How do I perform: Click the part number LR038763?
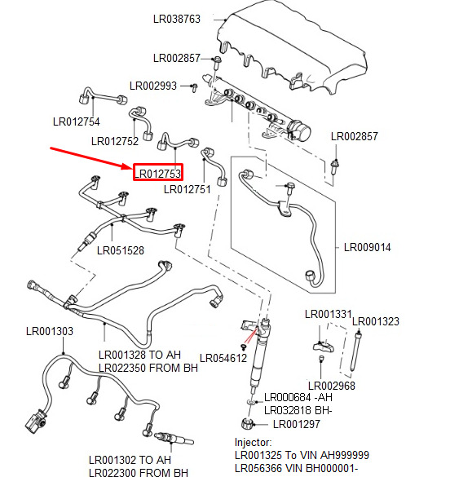pos(177,19)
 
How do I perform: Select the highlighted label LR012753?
pos(158,174)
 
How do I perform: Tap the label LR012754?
pos(77,121)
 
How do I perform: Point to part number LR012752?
pos(115,141)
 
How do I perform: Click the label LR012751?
pos(187,189)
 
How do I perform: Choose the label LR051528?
pos(121,250)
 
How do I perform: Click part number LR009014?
pos(368,247)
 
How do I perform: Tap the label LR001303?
pos(50,331)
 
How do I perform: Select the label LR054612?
pos(223,358)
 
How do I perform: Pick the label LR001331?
pos(329,314)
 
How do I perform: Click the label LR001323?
pos(376,321)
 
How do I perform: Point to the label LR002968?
pos(332,386)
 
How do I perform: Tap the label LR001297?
pos(297,424)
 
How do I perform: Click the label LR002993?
pos(153,86)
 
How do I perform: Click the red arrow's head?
pos(130,167)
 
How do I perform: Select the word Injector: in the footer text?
pos(254,442)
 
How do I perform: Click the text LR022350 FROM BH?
pos(148,368)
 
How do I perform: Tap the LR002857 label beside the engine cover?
pos(177,58)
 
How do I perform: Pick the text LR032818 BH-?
pos(298,411)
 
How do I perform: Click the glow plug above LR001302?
pos(174,439)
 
